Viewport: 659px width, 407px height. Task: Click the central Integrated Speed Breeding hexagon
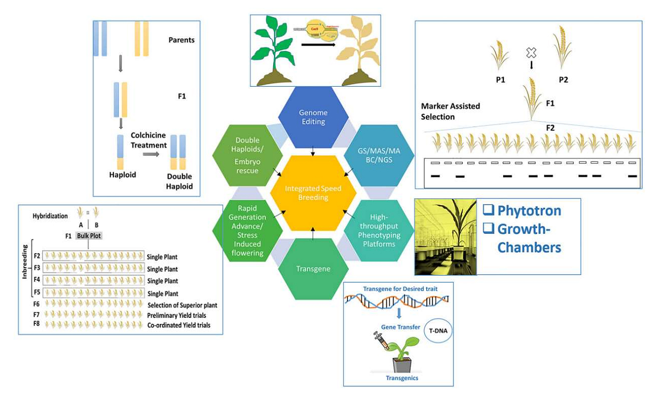click(313, 193)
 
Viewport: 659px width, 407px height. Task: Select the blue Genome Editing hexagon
click(313, 117)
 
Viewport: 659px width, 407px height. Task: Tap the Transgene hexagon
click(313, 269)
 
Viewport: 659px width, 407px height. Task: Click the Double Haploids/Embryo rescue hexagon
click(248, 155)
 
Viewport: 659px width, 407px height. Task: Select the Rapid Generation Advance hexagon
click(248, 231)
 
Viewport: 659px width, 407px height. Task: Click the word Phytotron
click(529, 211)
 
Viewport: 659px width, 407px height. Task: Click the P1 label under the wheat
click(500, 80)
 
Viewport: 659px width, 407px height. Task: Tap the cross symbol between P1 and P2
click(531, 52)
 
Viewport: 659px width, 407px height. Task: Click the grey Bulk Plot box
click(89, 236)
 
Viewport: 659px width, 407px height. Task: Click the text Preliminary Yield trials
click(176, 315)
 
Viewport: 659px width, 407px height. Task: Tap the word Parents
click(181, 40)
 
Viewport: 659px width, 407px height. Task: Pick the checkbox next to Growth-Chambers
click(488, 229)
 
